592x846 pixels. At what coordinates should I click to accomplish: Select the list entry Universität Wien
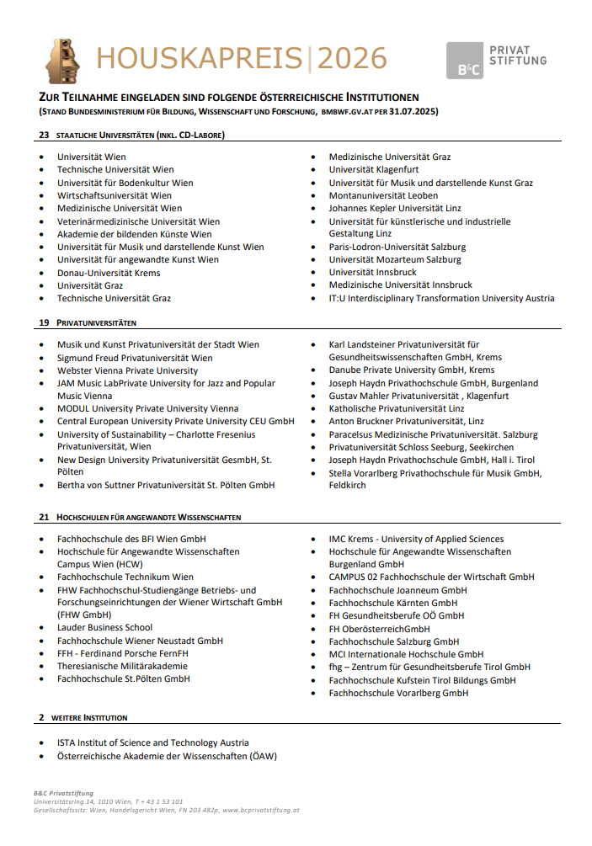[92, 157]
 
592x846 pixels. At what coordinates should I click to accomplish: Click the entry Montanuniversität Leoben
[383, 195]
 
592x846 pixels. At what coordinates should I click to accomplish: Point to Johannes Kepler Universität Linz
[395, 208]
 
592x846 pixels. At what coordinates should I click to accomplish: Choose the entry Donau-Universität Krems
[109, 273]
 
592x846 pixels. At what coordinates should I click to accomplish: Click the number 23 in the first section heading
[44, 135]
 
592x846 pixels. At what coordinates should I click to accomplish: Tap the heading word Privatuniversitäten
[96, 322]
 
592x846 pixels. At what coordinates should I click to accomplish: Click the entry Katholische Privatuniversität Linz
[396, 408]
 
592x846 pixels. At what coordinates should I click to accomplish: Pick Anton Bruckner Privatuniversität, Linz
[406, 422]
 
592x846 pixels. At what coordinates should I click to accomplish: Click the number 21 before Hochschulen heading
[44, 517]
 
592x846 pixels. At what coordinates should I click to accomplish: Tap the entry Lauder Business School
[104, 627]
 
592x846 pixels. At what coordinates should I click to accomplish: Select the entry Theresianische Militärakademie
[122, 666]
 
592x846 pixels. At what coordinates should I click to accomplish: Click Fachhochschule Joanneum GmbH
[397, 590]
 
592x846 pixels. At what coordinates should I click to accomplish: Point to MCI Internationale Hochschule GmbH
[406, 654]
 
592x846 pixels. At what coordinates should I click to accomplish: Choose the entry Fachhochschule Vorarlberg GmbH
[398, 693]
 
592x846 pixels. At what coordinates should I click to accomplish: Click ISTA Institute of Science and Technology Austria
[152, 742]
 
